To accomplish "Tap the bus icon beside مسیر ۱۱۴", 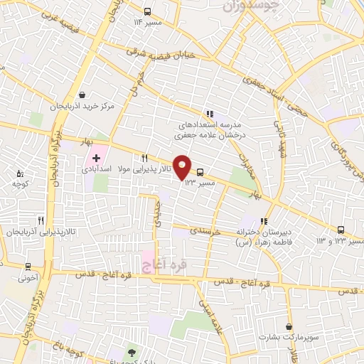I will click(147, 11).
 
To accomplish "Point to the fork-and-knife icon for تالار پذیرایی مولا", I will click(144, 159).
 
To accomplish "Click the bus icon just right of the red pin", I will click(200, 172).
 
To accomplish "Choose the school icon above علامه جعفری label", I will click(209, 113).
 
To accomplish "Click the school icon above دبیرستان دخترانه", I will click(266, 221).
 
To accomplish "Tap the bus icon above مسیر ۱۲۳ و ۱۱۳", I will click(341, 230).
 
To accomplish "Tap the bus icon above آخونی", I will click(28, 267).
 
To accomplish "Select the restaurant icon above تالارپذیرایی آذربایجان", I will click(41, 221).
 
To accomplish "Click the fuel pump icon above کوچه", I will click(20, 173).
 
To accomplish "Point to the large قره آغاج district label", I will click(164, 265).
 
